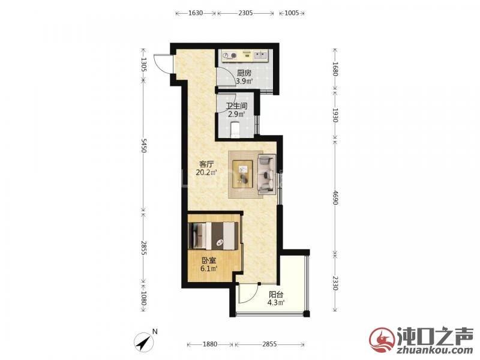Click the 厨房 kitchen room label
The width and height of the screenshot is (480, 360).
pos(244,73)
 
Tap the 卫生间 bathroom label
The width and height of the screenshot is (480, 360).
pos(236,106)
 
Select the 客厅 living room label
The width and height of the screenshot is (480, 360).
pos(206,164)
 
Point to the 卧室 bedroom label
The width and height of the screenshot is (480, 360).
pos(209,261)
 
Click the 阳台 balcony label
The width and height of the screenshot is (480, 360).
pos(276,295)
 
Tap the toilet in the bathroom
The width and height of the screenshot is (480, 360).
pos(235,130)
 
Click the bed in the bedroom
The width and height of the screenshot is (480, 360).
pos(213,235)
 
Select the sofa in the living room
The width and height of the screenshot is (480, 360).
pos(266,175)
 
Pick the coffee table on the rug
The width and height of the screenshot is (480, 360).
pos(243,174)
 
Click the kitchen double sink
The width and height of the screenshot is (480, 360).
pos(260,55)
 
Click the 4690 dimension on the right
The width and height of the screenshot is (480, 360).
pos(335,198)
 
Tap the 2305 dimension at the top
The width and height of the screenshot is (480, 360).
pos(245,13)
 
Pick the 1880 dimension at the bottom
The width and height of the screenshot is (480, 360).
pos(210,344)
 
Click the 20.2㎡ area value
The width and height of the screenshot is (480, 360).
pos(206,172)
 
